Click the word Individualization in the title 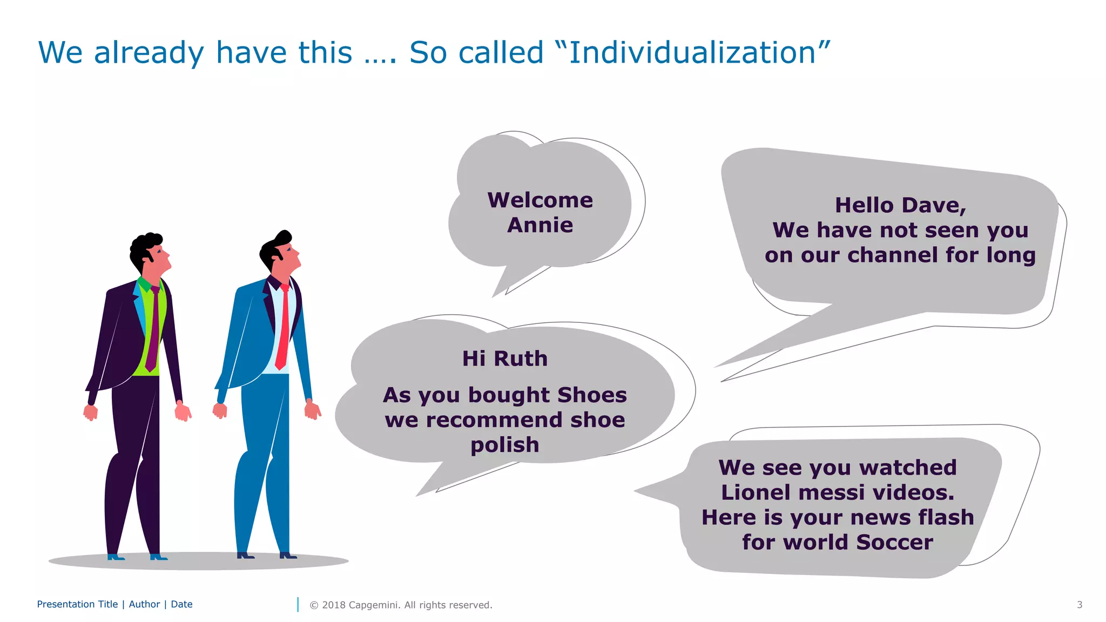(692, 53)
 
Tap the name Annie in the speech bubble (540, 225)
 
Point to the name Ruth (520, 359)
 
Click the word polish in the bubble (505, 445)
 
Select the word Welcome (540, 200)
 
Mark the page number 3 (1079, 605)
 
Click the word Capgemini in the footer (374, 605)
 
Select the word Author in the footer (144, 604)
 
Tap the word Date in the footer (181, 604)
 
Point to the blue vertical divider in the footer (298, 605)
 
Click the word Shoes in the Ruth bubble (592, 395)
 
